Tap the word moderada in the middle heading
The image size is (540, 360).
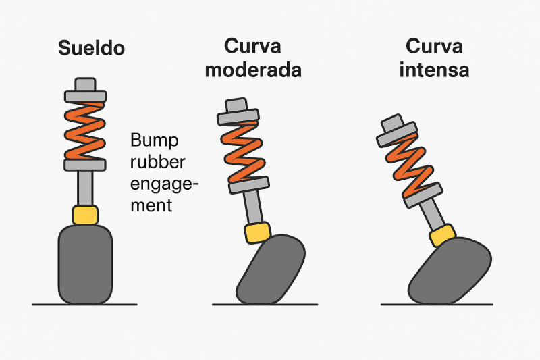tap(253, 70)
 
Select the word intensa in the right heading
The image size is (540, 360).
tap(434, 70)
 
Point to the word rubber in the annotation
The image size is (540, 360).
tap(157, 163)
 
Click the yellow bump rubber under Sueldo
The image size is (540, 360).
tap(85, 215)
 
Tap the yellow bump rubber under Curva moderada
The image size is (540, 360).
tap(259, 232)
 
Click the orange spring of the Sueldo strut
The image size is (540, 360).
tap(85, 130)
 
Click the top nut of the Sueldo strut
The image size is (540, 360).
tap(85, 84)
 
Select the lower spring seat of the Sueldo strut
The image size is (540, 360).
tap(85, 164)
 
